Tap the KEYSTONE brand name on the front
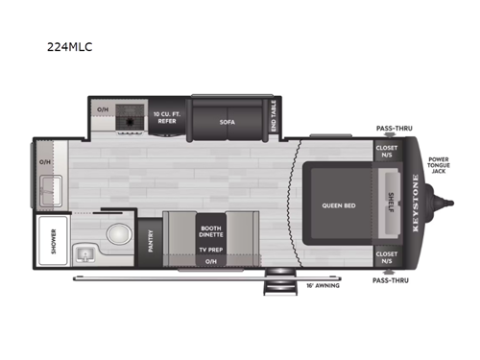pyautogui.click(x=415, y=204)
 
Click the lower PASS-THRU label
pyautogui.click(x=392, y=279)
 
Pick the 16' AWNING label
pyautogui.click(x=322, y=285)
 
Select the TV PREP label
pyautogui.click(x=210, y=248)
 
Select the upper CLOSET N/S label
pyautogui.click(x=386, y=151)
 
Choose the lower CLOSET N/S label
pyautogui.click(x=386, y=256)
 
